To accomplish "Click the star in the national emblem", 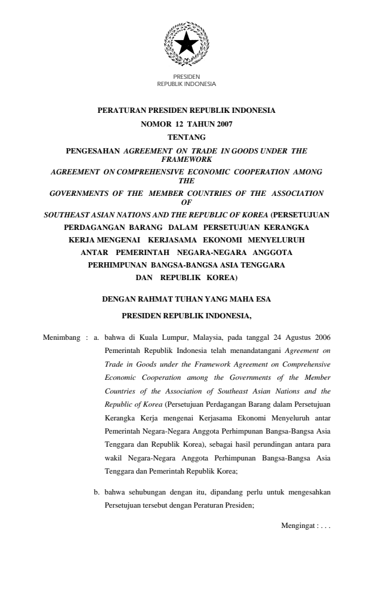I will (x=186, y=43).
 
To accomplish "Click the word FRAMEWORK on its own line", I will (x=186, y=160).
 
